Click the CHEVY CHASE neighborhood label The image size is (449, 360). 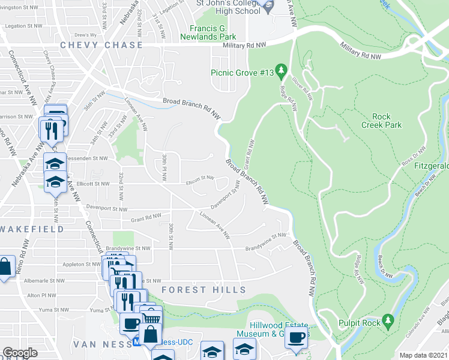101,45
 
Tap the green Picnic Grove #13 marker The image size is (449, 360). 280,70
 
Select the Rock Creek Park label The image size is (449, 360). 381,121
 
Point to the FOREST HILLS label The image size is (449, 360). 203,290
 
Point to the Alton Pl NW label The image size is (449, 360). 41,296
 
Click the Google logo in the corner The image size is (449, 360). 20,353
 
